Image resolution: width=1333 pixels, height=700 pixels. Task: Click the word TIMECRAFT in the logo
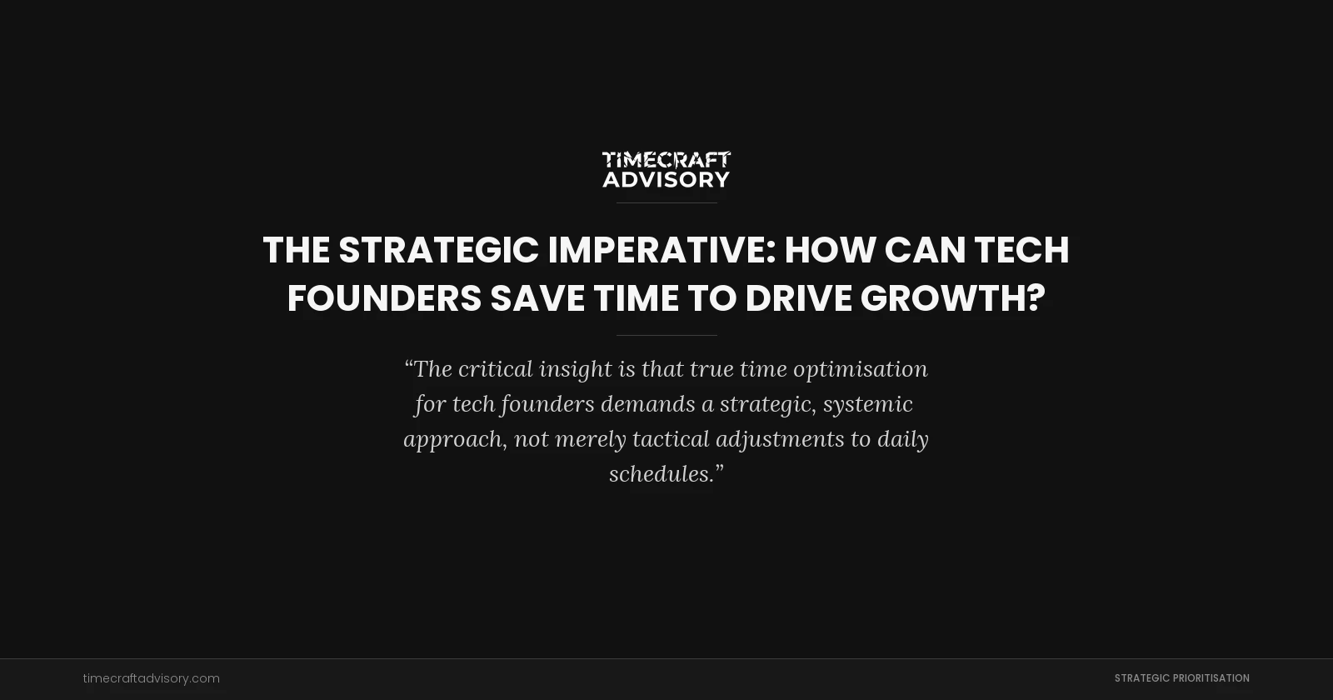click(666, 159)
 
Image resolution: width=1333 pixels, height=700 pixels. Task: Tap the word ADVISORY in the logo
click(666, 179)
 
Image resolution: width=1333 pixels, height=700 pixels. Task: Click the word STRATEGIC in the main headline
click(438, 250)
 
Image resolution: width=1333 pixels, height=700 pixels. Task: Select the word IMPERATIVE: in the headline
click(662, 250)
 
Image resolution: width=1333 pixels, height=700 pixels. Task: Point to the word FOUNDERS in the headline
click(384, 298)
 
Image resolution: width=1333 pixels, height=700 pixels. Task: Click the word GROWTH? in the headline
click(952, 298)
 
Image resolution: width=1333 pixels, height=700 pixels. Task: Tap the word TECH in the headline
click(1021, 250)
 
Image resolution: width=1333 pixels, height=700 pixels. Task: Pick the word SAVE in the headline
click(537, 298)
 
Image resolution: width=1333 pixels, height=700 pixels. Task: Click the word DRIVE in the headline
click(798, 298)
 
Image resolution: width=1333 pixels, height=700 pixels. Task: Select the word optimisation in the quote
click(860, 368)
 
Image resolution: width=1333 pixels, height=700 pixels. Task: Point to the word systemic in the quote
click(868, 404)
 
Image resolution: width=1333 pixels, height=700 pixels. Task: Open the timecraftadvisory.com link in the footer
click(152, 678)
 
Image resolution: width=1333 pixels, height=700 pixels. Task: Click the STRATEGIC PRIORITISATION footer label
click(1181, 678)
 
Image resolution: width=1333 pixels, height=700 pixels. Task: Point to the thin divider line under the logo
click(666, 202)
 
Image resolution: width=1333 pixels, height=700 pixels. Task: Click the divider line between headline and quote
click(666, 335)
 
